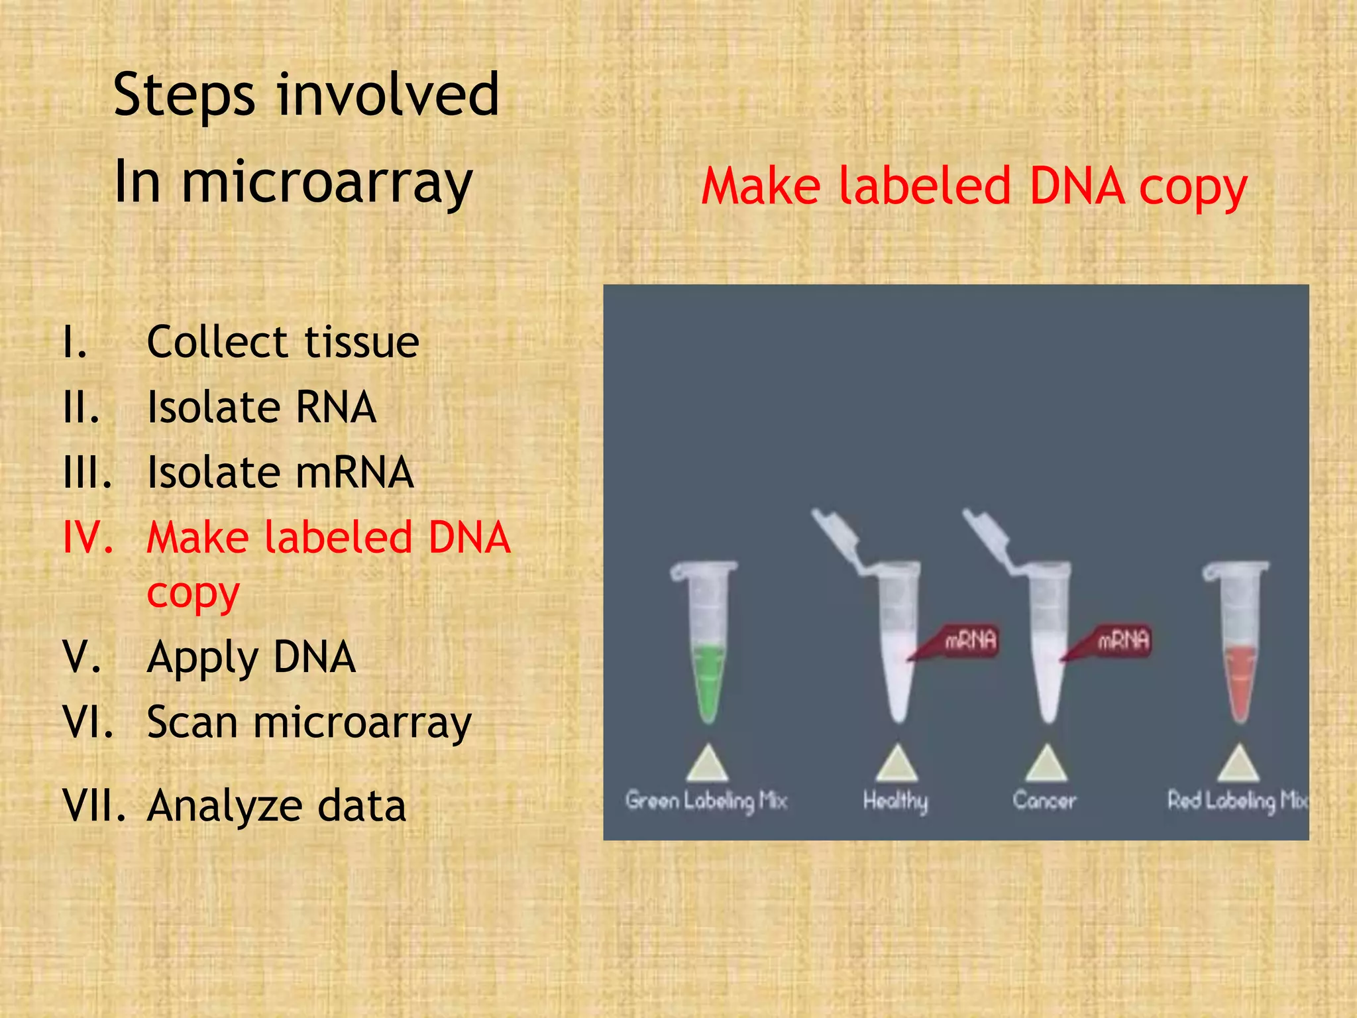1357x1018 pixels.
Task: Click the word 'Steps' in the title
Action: [184, 96]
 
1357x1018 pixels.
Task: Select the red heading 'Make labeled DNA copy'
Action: [974, 186]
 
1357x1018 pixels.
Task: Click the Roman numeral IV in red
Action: [87, 537]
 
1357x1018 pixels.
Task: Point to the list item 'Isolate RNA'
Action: [262, 407]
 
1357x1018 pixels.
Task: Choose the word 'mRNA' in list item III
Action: [354, 473]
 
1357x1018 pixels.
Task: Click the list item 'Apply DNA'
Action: [251, 657]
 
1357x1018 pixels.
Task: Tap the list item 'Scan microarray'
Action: [309, 722]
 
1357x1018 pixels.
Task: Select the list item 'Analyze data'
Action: [276, 807]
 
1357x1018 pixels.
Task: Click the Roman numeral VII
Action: [93, 807]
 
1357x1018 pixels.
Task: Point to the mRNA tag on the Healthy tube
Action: [969, 640]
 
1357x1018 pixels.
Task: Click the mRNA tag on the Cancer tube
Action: [1122, 640]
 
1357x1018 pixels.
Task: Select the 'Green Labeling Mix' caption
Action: [706, 801]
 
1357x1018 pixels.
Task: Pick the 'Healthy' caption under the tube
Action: [895, 801]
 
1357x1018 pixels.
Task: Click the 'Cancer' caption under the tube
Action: [1044, 801]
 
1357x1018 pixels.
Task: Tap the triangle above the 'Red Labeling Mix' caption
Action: [1238, 763]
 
